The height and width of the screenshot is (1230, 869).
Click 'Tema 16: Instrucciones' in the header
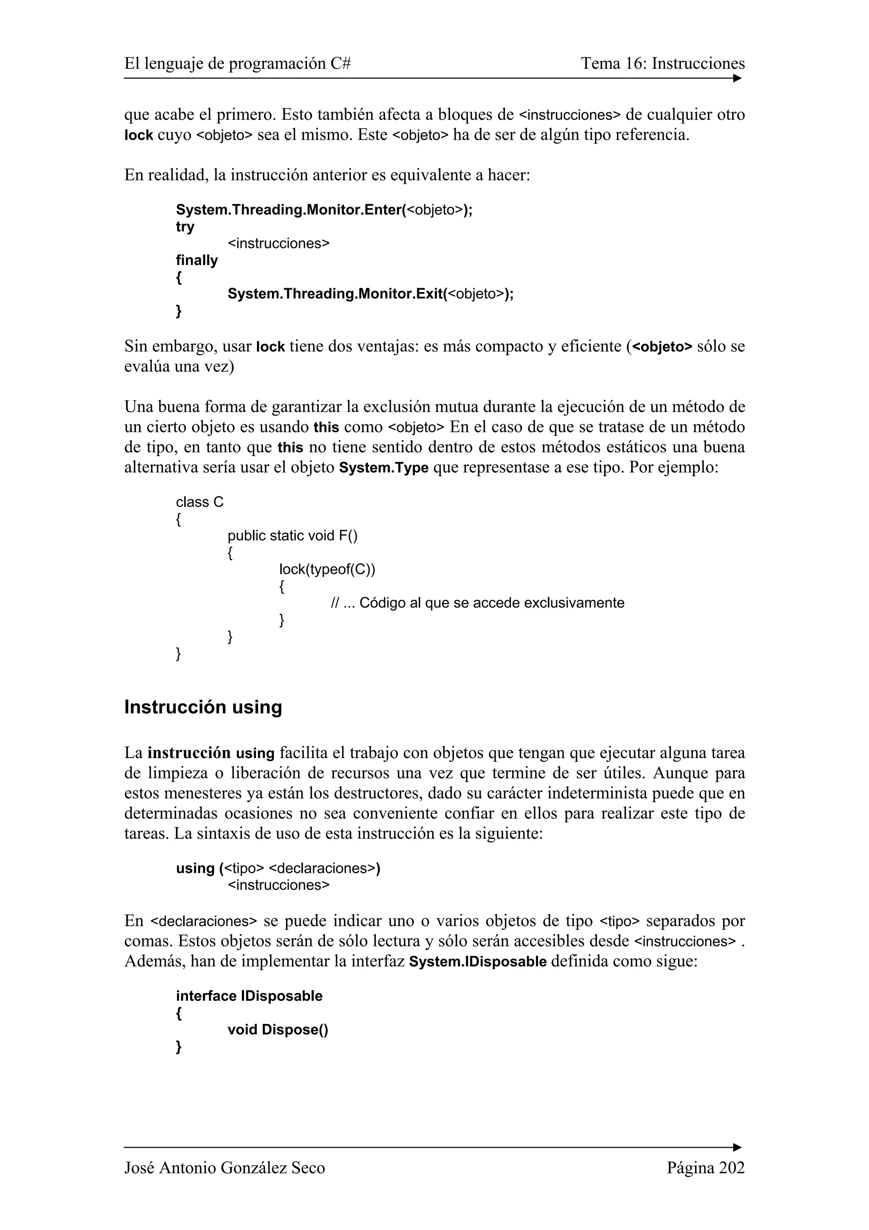click(x=663, y=64)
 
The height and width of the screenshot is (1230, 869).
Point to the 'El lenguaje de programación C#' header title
click(x=238, y=64)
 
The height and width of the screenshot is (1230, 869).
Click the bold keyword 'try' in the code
click(x=185, y=227)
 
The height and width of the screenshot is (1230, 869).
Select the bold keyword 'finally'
click(x=197, y=260)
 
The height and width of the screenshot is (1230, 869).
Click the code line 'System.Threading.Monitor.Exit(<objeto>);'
click(x=370, y=294)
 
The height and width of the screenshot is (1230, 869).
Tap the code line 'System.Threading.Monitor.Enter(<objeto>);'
click(x=324, y=210)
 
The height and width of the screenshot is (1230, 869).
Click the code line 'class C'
click(x=200, y=502)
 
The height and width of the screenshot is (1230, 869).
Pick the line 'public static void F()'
click(x=292, y=536)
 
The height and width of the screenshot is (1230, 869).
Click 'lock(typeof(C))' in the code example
click(x=327, y=570)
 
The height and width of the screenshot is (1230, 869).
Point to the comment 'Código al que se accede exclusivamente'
click(x=491, y=603)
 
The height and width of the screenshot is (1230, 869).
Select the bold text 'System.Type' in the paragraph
click(x=384, y=468)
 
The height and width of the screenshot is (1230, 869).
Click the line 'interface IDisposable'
click(x=249, y=996)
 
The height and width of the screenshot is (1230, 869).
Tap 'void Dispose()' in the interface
click(x=278, y=1030)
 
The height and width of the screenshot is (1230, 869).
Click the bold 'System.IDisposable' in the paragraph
click(x=478, y=962)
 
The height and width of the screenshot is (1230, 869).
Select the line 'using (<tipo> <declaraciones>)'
click(x=278, y=868)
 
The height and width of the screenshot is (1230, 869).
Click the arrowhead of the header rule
click(x=737, y=78)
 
